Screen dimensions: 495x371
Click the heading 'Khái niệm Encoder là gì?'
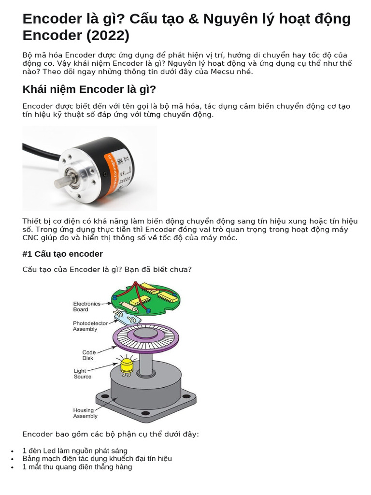89,90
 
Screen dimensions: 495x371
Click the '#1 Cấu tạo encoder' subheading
62,254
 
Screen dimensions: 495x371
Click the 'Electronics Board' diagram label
87,306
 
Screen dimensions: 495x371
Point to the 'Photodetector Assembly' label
90,326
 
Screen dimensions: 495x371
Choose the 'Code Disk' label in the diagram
88,355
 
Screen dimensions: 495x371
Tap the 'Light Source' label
82,374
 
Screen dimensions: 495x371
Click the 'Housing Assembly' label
85,413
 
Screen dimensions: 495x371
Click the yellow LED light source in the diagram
127,366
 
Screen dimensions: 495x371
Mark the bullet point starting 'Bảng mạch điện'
97,459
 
